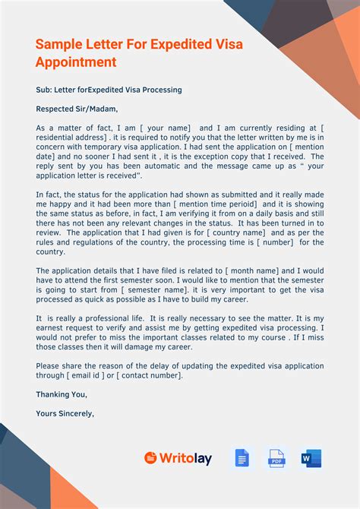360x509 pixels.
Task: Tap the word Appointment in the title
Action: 76,62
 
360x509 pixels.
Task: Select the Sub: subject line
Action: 109,90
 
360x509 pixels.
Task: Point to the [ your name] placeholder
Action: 160,128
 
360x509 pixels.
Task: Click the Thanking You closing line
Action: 62,394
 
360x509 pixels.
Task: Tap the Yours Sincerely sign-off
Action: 65,414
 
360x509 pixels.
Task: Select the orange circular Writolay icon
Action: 150,458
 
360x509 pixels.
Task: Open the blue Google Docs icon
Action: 242,458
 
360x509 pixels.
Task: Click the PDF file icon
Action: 276,458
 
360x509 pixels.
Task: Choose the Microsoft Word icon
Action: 311,458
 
